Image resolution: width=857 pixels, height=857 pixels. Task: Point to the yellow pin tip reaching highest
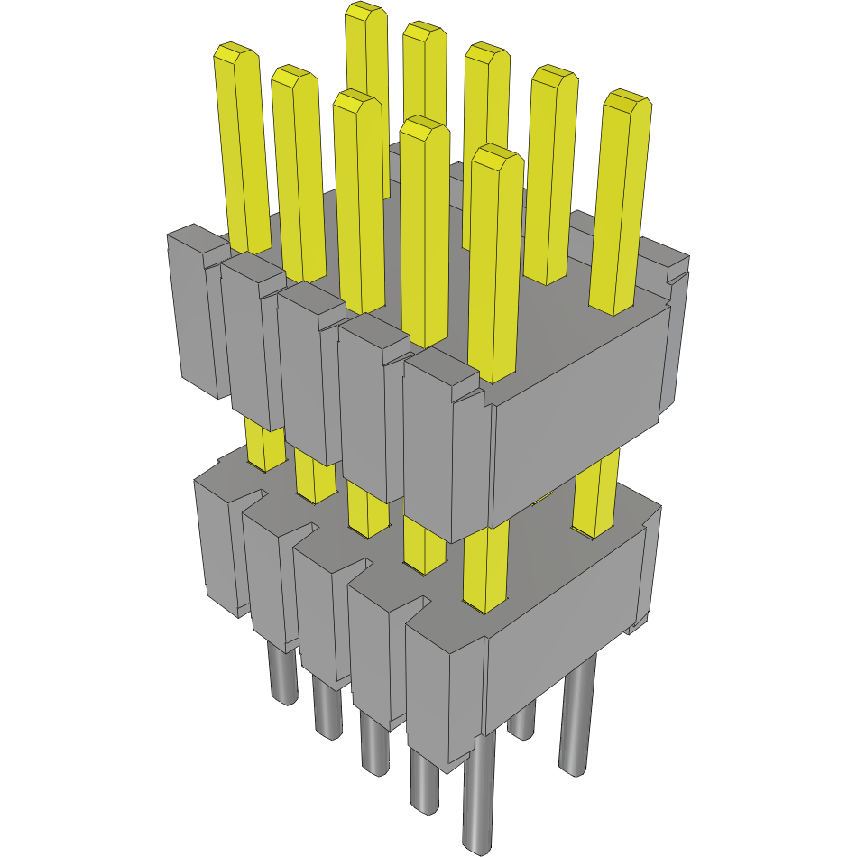click(x=366, y=13)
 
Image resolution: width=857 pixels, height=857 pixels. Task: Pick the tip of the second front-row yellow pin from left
click(x=294, y=77)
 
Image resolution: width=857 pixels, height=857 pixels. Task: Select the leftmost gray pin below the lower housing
click(x=284, y=677)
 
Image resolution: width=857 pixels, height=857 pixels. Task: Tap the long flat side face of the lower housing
click(x=564, y=622)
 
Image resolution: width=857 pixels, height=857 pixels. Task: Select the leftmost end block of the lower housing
click(x=217, y=541)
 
